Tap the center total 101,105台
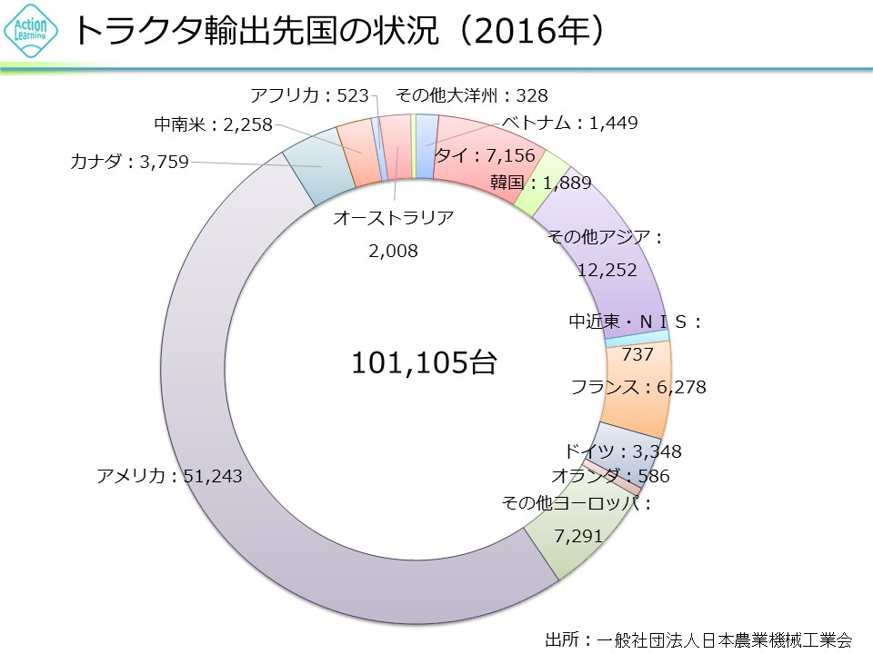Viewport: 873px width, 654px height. point(424,363)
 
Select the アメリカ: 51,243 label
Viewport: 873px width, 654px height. point(170,475)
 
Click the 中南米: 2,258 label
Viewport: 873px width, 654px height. point(213,125)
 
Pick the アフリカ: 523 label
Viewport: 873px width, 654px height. point(307,94)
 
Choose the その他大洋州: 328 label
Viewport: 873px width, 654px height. point(472,94)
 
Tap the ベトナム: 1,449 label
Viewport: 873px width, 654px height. point(570,124)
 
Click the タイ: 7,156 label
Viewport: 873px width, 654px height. point(485,156)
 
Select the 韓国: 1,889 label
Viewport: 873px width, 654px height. point(540,183)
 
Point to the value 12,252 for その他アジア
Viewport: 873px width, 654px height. point(607,270)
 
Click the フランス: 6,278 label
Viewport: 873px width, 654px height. point(638,388)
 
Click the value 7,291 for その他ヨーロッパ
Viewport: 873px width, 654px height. point(578,536)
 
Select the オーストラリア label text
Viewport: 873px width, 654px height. point(393,217)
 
